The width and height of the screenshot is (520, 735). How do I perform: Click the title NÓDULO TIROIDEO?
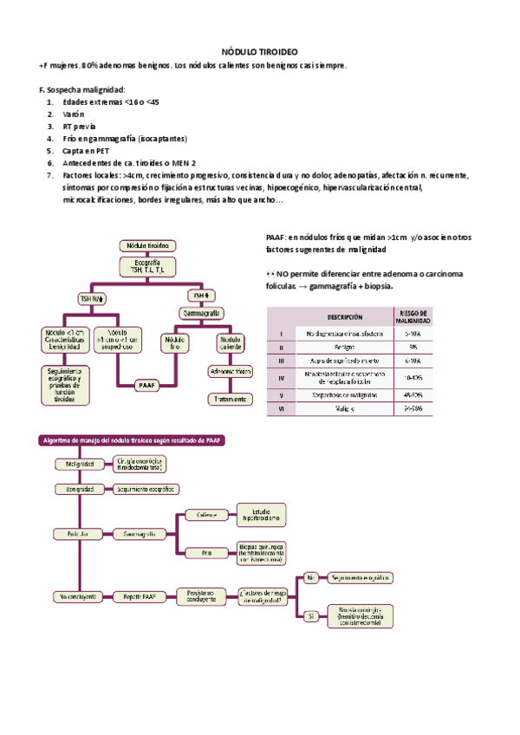pos(260,52)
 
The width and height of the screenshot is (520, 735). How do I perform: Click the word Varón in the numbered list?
pos(73,114)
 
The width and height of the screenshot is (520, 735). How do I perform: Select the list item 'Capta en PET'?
pos(86,150)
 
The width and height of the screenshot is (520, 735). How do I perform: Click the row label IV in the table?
pos(281,377)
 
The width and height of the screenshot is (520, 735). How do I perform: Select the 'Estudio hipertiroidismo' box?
pos(261,516)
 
